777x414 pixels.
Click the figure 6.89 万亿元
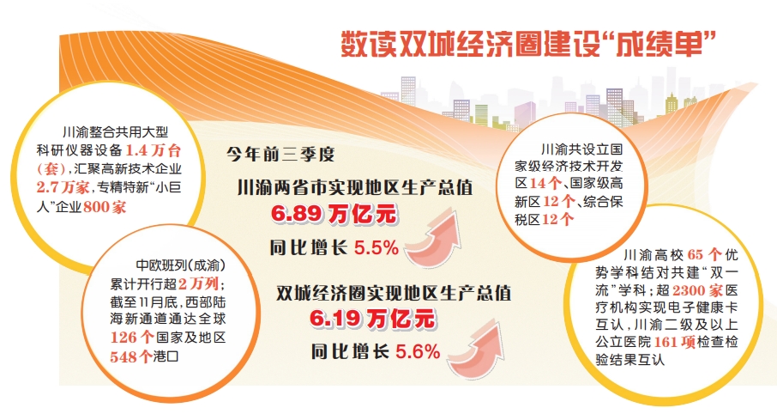(334, 215)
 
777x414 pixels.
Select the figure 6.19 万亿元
(373, 319)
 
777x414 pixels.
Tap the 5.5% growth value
(376, 247)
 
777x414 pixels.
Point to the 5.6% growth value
(418, 352)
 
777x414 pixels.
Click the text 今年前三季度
(280, 154)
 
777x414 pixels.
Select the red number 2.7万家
(63, 187)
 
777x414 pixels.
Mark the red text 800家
(105, 206)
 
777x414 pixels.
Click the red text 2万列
(198, 284)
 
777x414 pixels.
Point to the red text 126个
(132, 338)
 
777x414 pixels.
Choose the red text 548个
(130, 356)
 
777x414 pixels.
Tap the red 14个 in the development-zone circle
(545, 183)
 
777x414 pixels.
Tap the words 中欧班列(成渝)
(181, 265)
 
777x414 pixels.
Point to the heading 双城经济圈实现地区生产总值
(394, 293)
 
